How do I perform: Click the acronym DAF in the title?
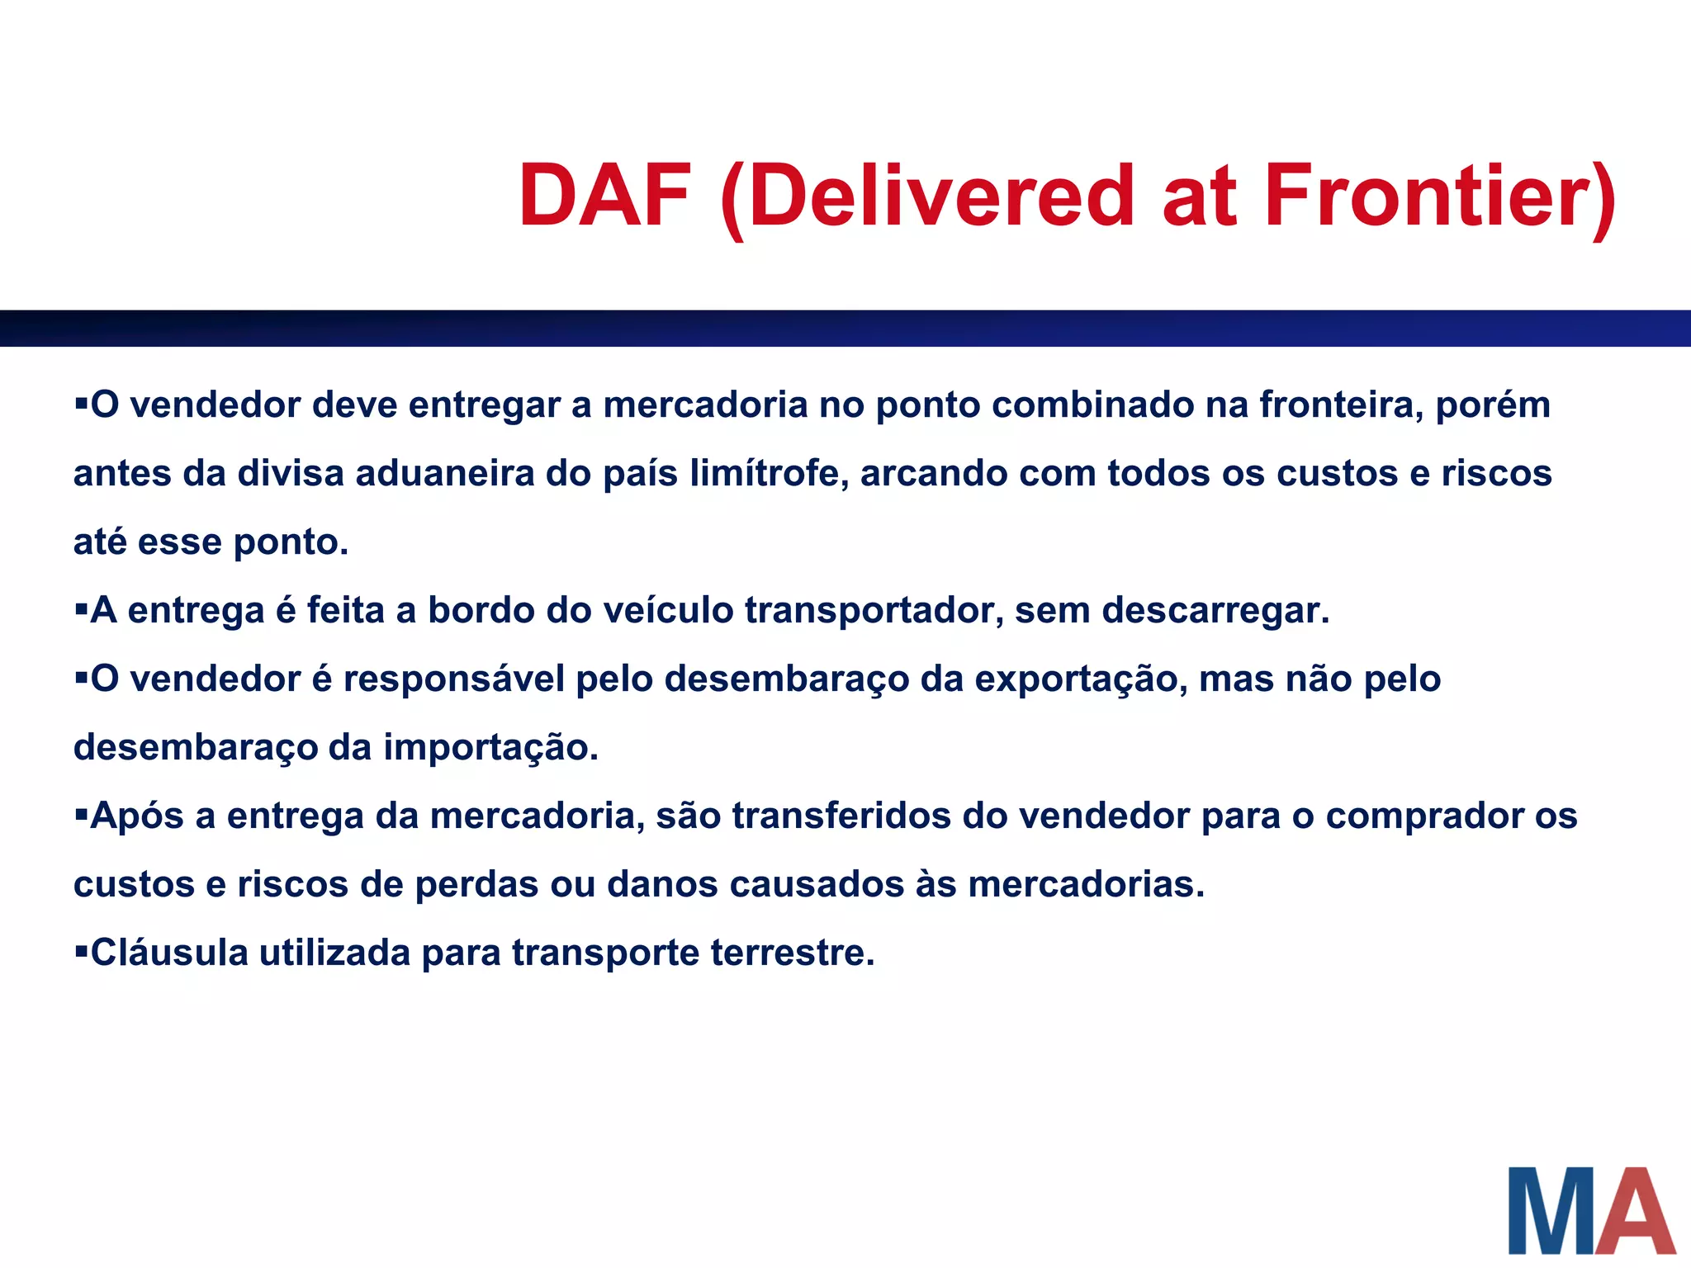click(605, 196)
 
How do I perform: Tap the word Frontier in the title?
click(1439, 196)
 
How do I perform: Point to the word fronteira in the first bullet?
click(1341, 405)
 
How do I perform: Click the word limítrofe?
click(764, 474)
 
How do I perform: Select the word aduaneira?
click(445, 474)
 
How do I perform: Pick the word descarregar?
click(1215, 611)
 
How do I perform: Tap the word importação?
click(490, 748)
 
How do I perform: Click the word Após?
click(137, 816)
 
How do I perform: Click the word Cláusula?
click(169, 953)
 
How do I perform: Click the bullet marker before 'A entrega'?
click(81, 610)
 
